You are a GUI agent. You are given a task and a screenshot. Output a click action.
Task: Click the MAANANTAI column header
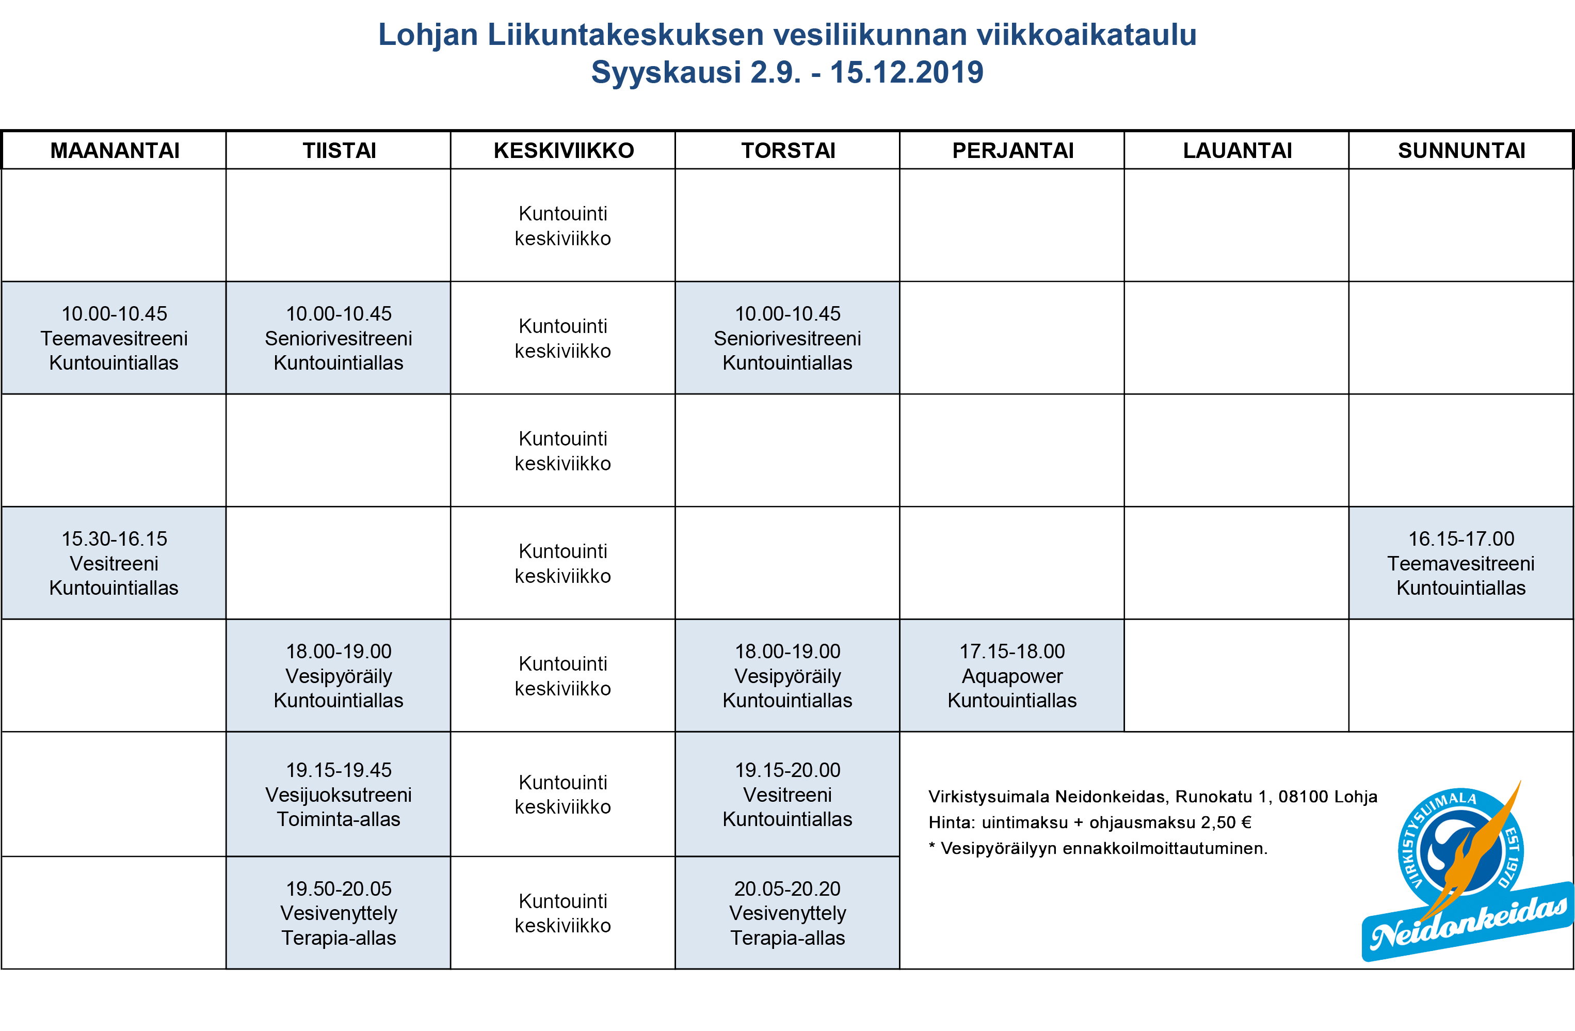coord(115,150)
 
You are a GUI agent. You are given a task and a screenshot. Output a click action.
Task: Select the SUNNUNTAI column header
coord(1461,150)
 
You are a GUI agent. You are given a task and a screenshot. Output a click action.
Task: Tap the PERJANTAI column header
coord(1012,150)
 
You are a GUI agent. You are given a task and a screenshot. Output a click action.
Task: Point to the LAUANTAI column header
coord(1237,150)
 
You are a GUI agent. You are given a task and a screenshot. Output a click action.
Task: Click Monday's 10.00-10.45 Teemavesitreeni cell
coord(114,338)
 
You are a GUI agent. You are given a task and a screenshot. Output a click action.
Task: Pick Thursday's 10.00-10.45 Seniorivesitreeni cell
coord(787,338)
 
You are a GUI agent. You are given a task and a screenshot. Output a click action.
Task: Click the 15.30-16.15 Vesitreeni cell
coord(114,563)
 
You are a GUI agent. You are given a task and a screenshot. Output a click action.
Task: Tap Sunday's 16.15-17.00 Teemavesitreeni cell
coord(1461,563)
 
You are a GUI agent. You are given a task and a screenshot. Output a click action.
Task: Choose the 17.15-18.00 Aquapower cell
coord(1012,675)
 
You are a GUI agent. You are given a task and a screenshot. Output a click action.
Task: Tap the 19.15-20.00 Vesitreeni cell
coord(787,794)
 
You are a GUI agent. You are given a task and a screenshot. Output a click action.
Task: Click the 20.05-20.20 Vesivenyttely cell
coord(787,912)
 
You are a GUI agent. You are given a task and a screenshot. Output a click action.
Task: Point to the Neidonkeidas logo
coord(1462,874)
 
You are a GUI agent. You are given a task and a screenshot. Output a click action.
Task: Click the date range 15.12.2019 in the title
coord(907,72)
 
